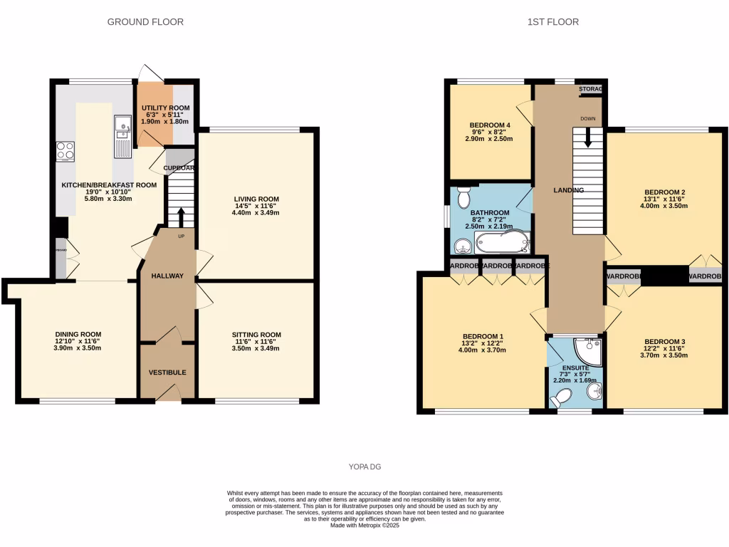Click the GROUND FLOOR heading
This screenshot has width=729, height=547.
click(x=145, y=22)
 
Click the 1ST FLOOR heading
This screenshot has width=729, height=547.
click(x=552, y=22)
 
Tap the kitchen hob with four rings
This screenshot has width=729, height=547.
click(x=65, y=152)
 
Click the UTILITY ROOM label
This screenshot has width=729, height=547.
click(x=165, y=108)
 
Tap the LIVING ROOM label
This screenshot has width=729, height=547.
click(x=256, y=199)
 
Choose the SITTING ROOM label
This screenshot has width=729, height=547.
click(x=256, y=335)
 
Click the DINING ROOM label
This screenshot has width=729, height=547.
click(x=78, y=334)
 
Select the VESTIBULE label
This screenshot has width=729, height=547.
click(x=167, y=373)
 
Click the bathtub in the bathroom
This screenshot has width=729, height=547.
click(x=502, y=242)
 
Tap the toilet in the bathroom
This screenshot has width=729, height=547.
click(x=464, y=197)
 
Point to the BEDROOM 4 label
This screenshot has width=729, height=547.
click(x=490, y=125)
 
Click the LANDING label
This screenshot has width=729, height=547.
click(x=569, y=190)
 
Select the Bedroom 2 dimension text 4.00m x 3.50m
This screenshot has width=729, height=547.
click(x=665, y=206)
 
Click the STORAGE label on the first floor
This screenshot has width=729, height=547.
click(x=591, y=89)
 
